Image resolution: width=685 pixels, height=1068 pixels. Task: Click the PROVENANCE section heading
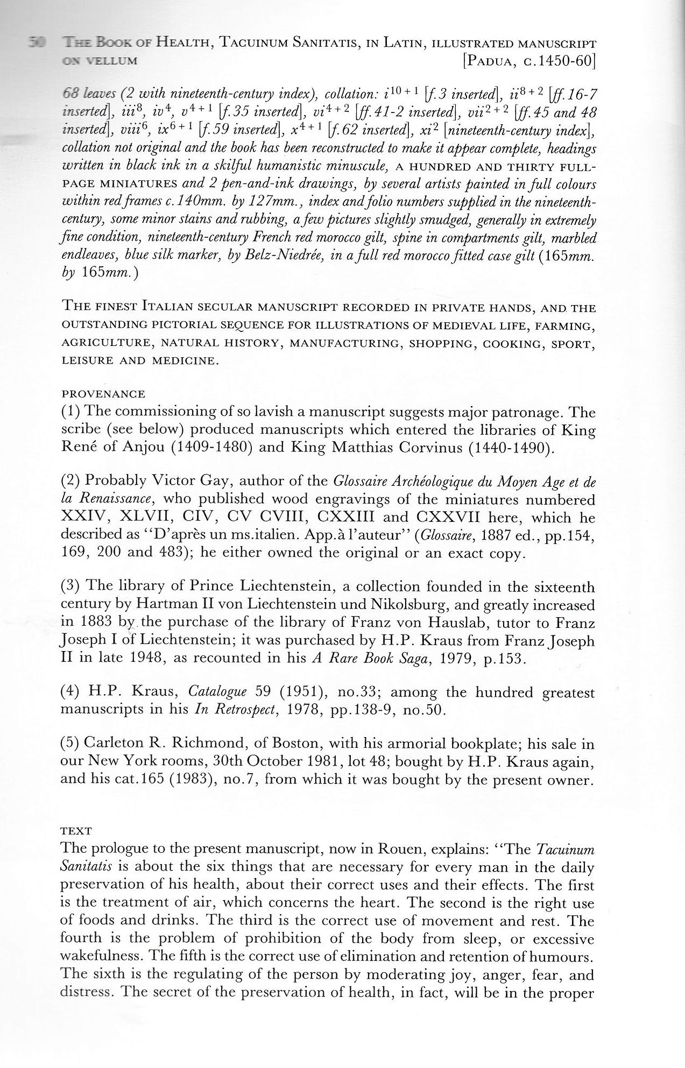(x=103, y=394)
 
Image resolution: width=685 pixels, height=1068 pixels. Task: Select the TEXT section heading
(x=76, y=831)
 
